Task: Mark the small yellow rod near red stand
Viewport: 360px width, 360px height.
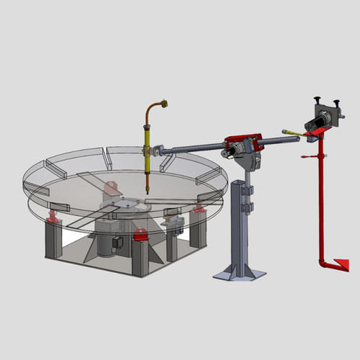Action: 289,132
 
